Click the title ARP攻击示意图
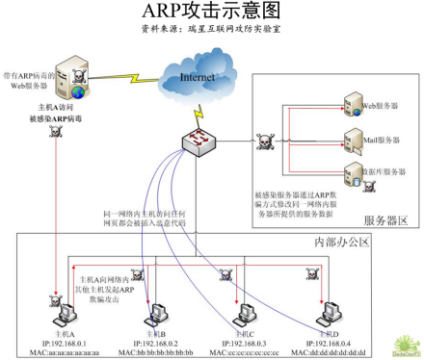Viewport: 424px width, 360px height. [x=211, y=12]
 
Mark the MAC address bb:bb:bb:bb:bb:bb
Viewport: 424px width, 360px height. [x=155, y=353]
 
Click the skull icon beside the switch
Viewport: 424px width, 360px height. [x=262, y=142]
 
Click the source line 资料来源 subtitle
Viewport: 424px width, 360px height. [x=211, y=30]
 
